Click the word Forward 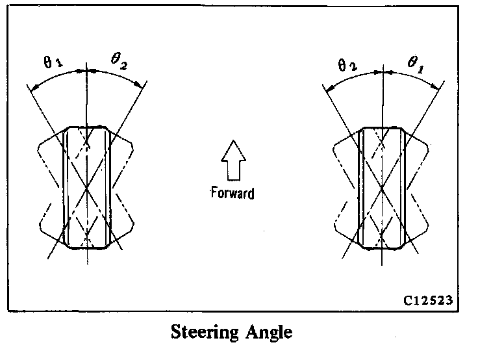(231, 192)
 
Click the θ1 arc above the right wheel (416, 76)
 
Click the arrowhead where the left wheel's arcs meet (86, 70)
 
